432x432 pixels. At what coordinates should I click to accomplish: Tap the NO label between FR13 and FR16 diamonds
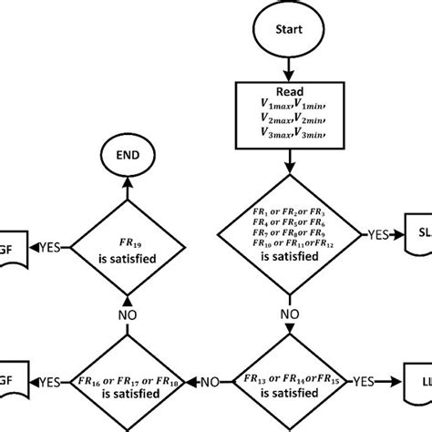coord(209,384)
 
